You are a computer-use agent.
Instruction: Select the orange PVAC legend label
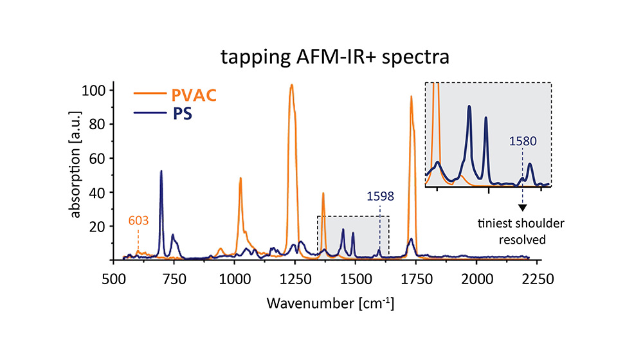(193, 96)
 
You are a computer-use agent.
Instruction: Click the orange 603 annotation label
(138, 221)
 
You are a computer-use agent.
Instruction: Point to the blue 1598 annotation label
(379, 197)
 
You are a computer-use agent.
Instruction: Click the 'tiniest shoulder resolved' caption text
(512, 231)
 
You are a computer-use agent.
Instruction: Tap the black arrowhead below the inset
(522, 208)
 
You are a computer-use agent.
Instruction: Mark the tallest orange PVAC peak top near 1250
(291, 85)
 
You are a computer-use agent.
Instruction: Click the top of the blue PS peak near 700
(161, 171)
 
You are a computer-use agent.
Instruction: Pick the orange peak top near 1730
(411, 97)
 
